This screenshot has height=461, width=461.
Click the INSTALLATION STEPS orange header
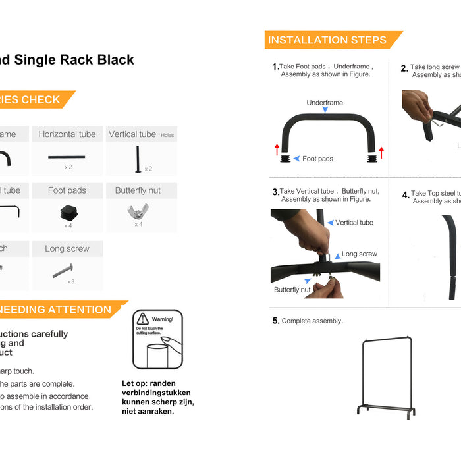pos(327,40)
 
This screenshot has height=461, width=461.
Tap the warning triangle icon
pos(143,319)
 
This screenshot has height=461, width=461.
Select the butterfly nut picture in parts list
pos(138,211)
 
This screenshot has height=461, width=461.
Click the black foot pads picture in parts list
pos(68,212)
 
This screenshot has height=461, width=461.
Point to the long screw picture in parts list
pos(63,270)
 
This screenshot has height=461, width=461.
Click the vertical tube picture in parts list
pos(139,158)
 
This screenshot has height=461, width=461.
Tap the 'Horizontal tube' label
pos(67,134)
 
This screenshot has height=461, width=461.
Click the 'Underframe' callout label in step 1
pos(325,103)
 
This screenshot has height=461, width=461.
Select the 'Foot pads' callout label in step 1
pos(317,159)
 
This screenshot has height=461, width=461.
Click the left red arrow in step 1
pos(277,149)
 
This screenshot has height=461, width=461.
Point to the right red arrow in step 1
pos(381,153)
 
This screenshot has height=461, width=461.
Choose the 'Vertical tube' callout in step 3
pos(354,223)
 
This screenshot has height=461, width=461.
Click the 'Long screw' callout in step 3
pos(360,254)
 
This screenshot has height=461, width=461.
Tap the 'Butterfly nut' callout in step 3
pos(292,290)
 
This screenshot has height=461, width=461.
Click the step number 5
pos(276,321)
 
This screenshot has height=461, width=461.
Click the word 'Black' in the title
pos(115,60)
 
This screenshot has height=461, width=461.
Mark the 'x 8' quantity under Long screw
pos(71,281)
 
